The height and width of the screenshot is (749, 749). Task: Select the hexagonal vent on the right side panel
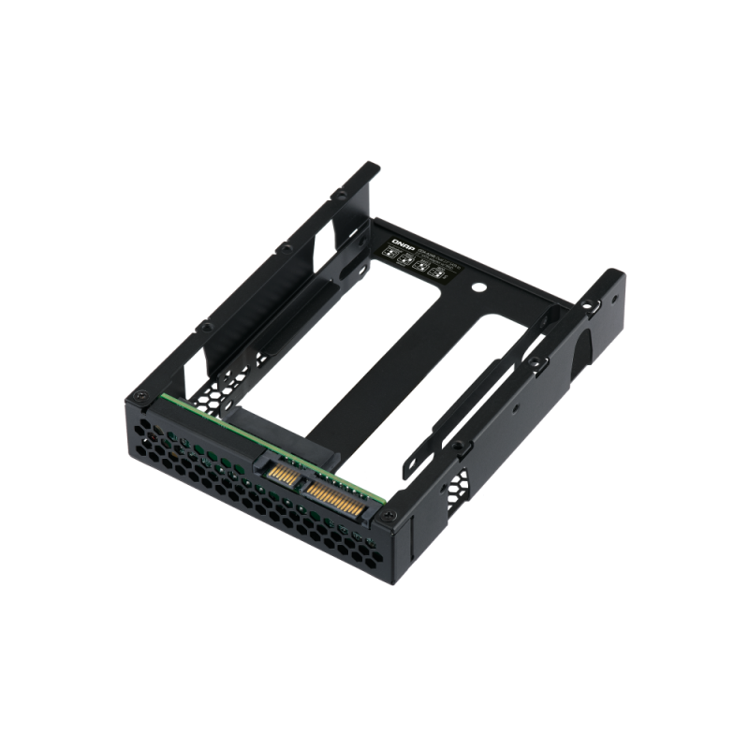pyautogui.click(x=461, y=488)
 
